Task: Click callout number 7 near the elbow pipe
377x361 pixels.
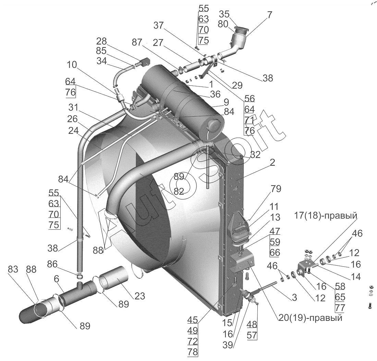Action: click(269, 15)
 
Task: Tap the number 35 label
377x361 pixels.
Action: click(224, 14)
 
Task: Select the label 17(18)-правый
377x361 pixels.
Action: click(326, 216)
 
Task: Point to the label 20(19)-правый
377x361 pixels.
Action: click(311, 318)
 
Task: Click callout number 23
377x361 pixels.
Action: click(140, 295)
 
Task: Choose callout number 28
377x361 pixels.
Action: click(101, 41)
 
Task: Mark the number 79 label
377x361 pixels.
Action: click(276, 189)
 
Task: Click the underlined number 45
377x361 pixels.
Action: click(193, 320)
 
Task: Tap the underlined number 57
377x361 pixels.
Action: click(252, 335)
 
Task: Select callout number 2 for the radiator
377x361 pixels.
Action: click(272, 163)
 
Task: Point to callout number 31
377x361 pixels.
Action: click(73, 107)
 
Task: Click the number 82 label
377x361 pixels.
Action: click(179, 191)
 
